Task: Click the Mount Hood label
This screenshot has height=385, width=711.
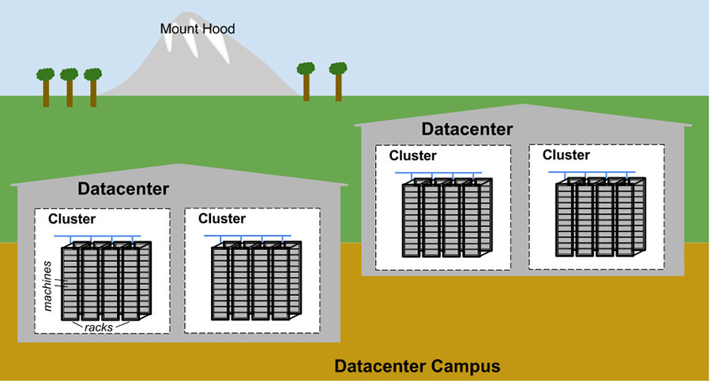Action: click(x=197, y=29)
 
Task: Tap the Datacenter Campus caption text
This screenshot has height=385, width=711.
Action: click(x=417, y=367)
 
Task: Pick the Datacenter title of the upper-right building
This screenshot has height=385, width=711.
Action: click(x=467, y=129)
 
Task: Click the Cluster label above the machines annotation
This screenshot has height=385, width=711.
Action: click(x=72, y=219)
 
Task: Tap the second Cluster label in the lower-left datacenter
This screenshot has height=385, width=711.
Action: click(x=222, y=219)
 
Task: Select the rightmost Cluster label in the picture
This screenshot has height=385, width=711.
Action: click(x=566, y=155)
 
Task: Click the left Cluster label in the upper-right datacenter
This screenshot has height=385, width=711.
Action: click(x=412, y=156)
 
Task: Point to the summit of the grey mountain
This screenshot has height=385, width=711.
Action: click(x=190, y=16)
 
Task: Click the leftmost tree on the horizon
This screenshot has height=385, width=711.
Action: click(x=45, y=86)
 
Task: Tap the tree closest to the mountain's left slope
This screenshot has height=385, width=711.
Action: click(x=93, y=86)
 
